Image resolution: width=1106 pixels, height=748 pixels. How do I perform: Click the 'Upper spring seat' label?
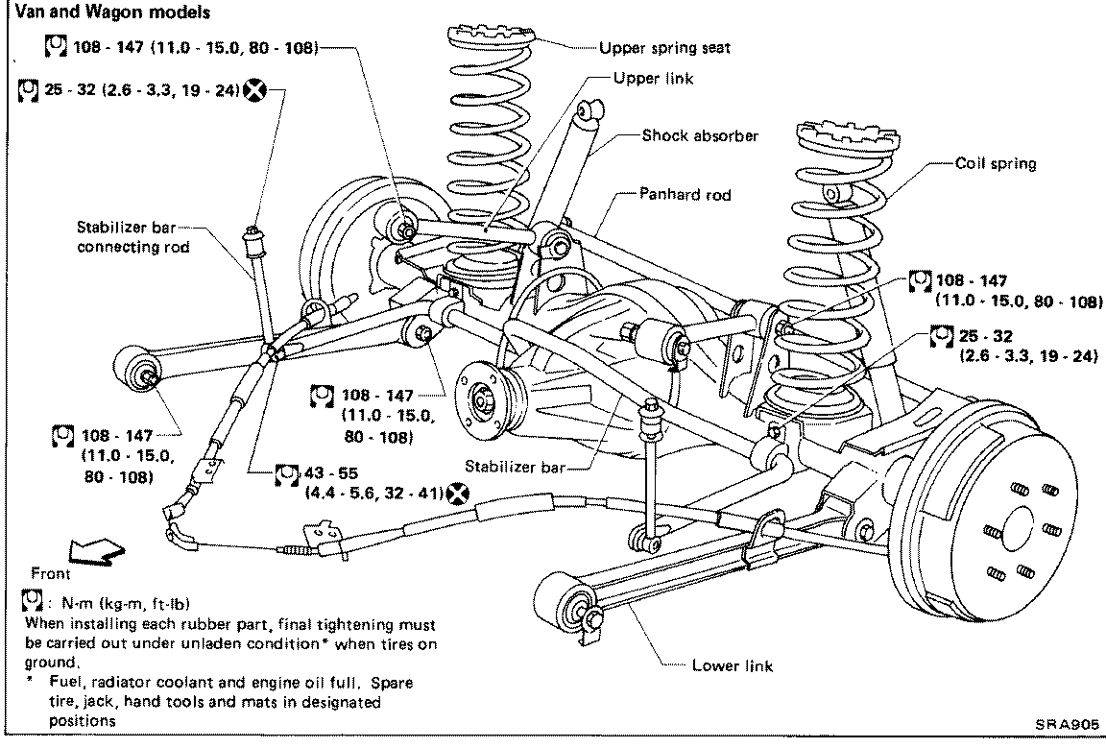(664, 48)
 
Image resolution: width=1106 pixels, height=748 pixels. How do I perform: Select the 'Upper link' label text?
(653, 79)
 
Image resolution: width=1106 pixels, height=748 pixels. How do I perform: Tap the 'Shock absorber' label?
(700, 135)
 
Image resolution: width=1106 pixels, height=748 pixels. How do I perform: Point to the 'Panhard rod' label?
(685, 194)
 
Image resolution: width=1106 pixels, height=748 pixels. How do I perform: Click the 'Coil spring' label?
(996, 163)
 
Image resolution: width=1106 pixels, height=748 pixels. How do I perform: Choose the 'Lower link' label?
(733, 665)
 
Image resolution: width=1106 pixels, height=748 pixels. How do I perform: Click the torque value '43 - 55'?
(331, 472)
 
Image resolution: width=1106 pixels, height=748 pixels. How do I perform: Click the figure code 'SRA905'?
(1068, 724)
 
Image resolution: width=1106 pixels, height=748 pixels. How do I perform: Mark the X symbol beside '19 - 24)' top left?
(255, 90)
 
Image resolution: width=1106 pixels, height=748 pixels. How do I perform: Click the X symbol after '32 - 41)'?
(458, 494)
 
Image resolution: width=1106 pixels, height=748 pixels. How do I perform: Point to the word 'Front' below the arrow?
(50, 573)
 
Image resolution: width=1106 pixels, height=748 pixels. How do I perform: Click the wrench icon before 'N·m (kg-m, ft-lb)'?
(33, 601)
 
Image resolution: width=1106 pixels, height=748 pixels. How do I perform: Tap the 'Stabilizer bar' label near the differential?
(516, 467)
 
